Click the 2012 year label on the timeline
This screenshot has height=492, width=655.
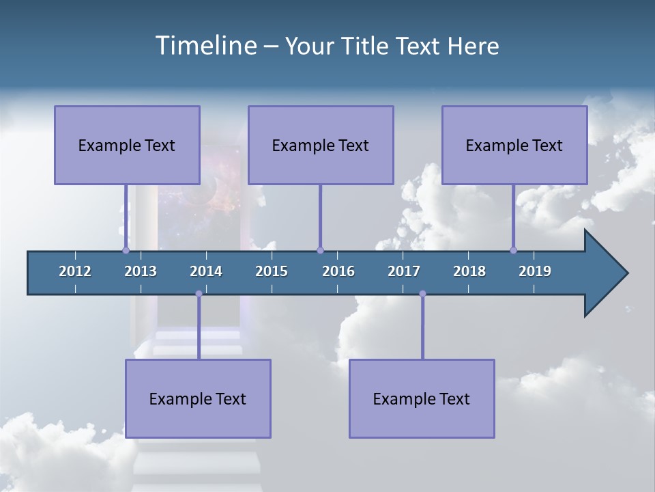(75, 271)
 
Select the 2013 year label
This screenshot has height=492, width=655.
(141, 271)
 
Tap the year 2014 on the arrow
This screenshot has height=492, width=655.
(206, 271)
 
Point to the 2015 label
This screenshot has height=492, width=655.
(272, 271)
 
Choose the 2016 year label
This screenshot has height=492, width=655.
(338, 271)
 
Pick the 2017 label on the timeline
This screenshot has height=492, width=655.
(404, 271)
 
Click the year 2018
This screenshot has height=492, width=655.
(469, 271)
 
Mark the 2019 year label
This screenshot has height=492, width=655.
(535, 271)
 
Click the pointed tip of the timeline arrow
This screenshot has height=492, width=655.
(626, 273)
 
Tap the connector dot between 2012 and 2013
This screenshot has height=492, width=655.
(126, 250)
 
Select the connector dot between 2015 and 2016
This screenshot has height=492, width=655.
(320, 250)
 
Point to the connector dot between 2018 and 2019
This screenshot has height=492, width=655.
(513, 250)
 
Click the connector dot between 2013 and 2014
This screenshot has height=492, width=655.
(199, 294)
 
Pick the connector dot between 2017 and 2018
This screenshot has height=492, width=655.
(422, 294)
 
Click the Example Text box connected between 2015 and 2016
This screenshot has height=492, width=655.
(321, 145)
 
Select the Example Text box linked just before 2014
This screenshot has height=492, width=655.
(198, 398)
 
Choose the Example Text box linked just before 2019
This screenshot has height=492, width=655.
(514, 145)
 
